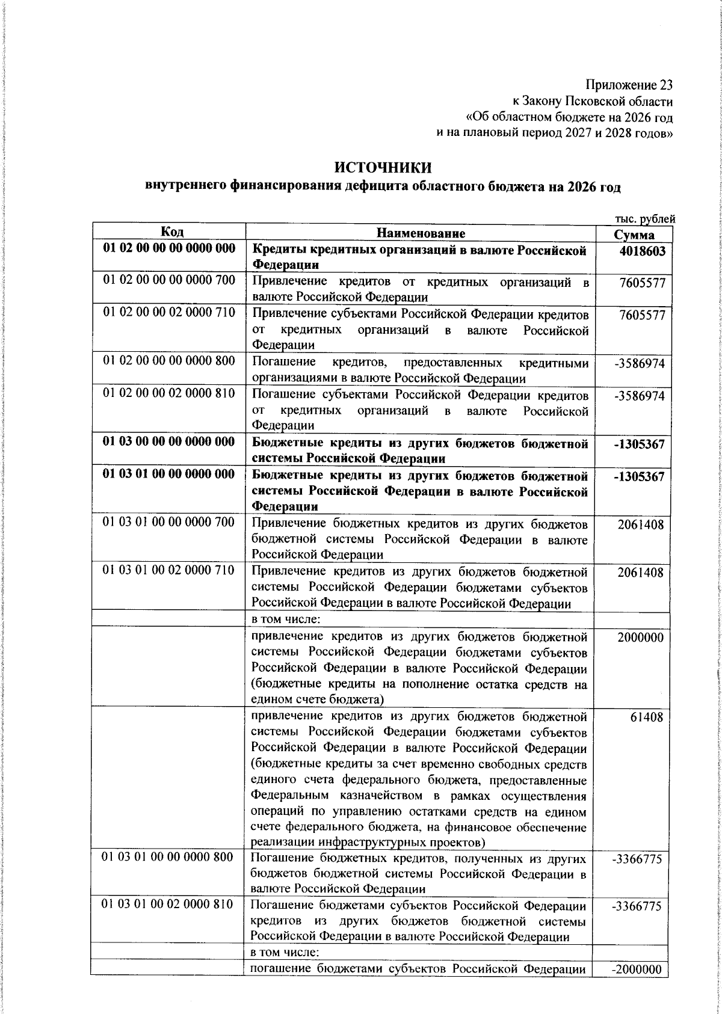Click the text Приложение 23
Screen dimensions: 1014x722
click(629, 86)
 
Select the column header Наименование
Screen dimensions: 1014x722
click(421, 233)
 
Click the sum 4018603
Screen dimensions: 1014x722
click(642, 252)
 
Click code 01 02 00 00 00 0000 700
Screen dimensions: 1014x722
click(169, 280)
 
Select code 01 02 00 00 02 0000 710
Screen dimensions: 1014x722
click(169, 312)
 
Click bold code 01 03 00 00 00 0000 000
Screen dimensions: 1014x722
click(169, 443)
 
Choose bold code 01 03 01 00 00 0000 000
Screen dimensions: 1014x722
click(169, 475)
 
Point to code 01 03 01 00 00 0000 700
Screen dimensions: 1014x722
click(169, 523)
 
